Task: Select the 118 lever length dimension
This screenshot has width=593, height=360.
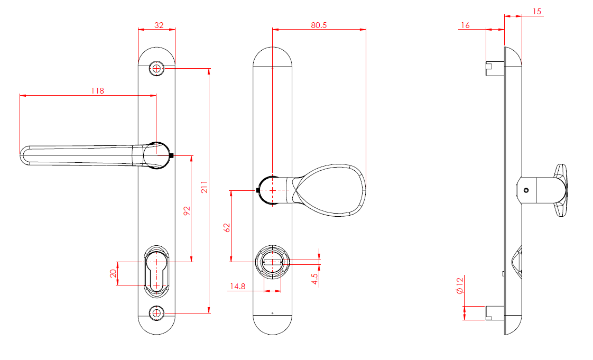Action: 97,90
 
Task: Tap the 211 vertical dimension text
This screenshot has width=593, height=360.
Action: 205,187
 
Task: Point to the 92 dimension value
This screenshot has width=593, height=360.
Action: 187,211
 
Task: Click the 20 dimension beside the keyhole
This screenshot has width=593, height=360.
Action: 113,273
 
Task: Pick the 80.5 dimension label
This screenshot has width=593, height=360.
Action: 318,24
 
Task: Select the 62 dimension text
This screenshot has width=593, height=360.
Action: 227,228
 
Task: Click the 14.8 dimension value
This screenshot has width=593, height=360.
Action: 237,286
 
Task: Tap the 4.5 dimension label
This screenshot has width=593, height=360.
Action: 315,278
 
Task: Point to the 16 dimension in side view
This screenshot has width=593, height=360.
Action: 466,25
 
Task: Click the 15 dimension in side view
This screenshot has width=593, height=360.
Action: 537,11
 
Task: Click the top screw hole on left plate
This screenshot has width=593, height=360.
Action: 156,68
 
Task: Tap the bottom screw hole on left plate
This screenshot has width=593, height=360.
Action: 156,313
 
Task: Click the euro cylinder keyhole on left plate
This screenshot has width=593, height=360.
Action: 156,270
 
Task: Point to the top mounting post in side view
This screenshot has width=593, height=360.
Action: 494,67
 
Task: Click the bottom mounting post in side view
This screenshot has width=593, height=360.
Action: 494,312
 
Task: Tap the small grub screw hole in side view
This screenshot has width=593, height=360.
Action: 526,190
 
